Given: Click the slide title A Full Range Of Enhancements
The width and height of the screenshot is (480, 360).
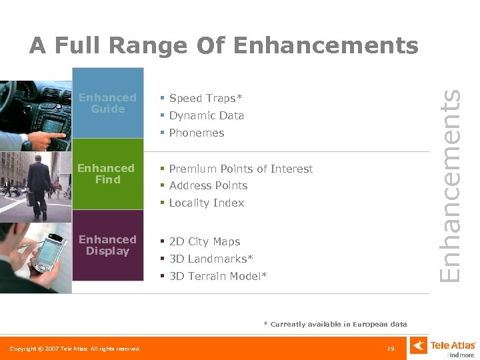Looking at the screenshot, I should click(223, 45).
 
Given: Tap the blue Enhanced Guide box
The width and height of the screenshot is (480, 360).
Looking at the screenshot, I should click(107, 103).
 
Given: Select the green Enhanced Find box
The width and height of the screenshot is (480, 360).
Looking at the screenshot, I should click(107, 174).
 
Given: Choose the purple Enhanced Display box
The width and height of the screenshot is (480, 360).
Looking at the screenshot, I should click(107, 245).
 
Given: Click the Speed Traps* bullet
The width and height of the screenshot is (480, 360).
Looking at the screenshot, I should click(206, 98).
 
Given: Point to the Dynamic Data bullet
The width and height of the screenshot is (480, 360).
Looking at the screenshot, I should click(207, 115).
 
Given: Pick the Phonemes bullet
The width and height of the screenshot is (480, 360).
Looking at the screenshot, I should click(197, 133).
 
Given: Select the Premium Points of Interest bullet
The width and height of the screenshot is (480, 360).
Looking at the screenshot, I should click(241, 169).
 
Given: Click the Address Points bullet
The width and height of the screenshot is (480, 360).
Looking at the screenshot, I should click(208, 185).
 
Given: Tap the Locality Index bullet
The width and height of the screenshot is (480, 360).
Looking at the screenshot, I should click(207, 203).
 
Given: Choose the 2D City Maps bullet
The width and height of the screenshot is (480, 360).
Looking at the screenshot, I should click(205, 241).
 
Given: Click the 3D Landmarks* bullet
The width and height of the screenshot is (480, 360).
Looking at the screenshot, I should click(211, 259).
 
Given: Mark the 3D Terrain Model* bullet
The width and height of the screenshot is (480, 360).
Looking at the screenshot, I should click(218, 276).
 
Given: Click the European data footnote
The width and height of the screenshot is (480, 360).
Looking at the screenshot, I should click(335, 324).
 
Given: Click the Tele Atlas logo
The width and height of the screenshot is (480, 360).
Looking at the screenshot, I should click(444, 347).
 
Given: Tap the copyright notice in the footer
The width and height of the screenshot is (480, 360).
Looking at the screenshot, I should click(75, 349).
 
